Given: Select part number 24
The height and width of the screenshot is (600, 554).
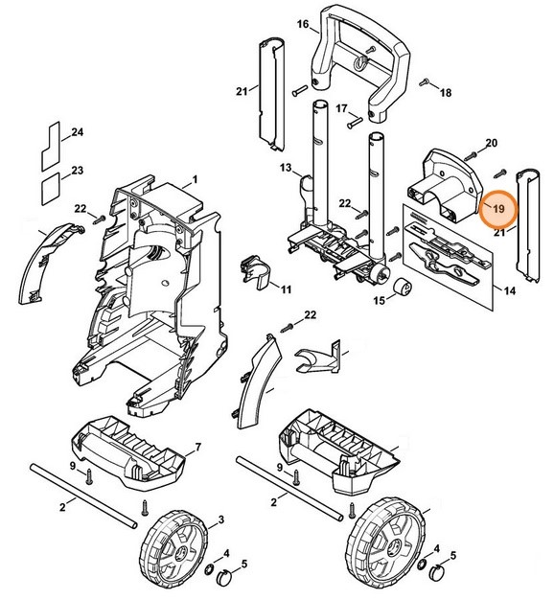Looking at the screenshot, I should [78, 131].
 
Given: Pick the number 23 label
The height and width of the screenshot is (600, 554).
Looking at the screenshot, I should [78, 171].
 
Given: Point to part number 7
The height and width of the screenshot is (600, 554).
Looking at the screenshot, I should [196, 448].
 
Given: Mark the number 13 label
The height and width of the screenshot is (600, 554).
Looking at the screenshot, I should [285, 168].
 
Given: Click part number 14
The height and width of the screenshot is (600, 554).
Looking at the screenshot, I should [508, 288].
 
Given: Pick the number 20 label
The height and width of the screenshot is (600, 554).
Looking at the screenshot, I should [491, 143].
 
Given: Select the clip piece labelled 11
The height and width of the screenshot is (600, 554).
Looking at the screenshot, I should [252, 271].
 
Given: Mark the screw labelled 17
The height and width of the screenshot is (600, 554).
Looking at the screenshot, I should [353, 121].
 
